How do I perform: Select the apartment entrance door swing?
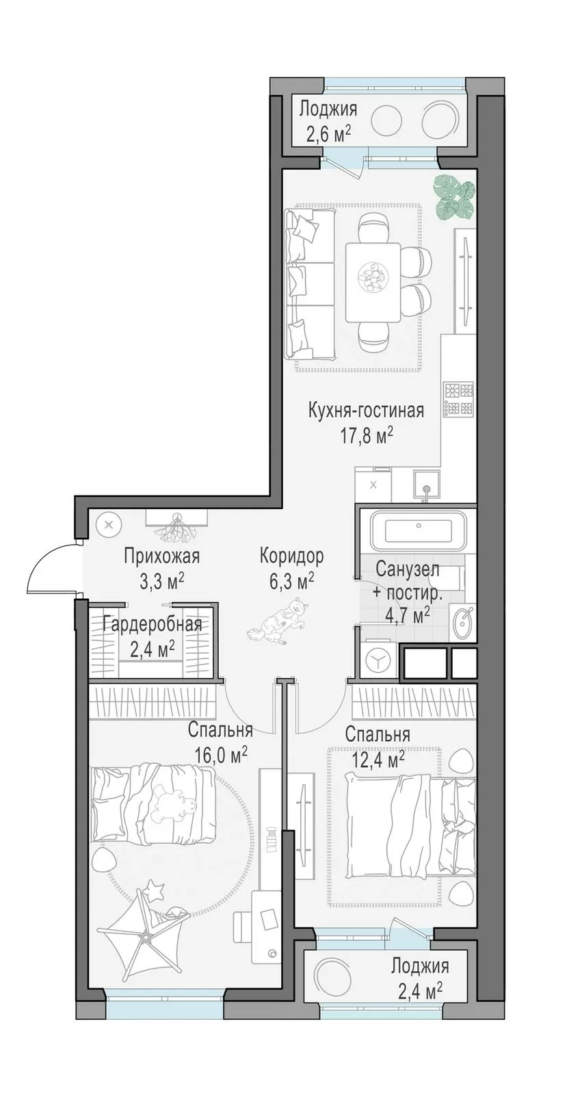click(x=52, y=568)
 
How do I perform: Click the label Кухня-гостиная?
click(x=365, y=411)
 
